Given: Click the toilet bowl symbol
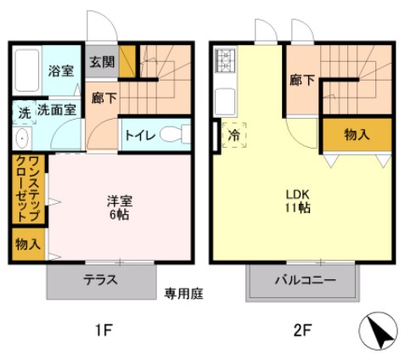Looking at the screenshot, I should pos(173,134).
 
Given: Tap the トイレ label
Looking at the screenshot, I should pos(139,135).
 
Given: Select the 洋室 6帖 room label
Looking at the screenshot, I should pos(118,208).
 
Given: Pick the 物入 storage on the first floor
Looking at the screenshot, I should pos(27,245).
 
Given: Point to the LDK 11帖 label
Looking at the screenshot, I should pos(297,199).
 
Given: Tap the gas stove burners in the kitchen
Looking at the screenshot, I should pos(226,61).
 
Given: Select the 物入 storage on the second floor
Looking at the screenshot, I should pos(356,133).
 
